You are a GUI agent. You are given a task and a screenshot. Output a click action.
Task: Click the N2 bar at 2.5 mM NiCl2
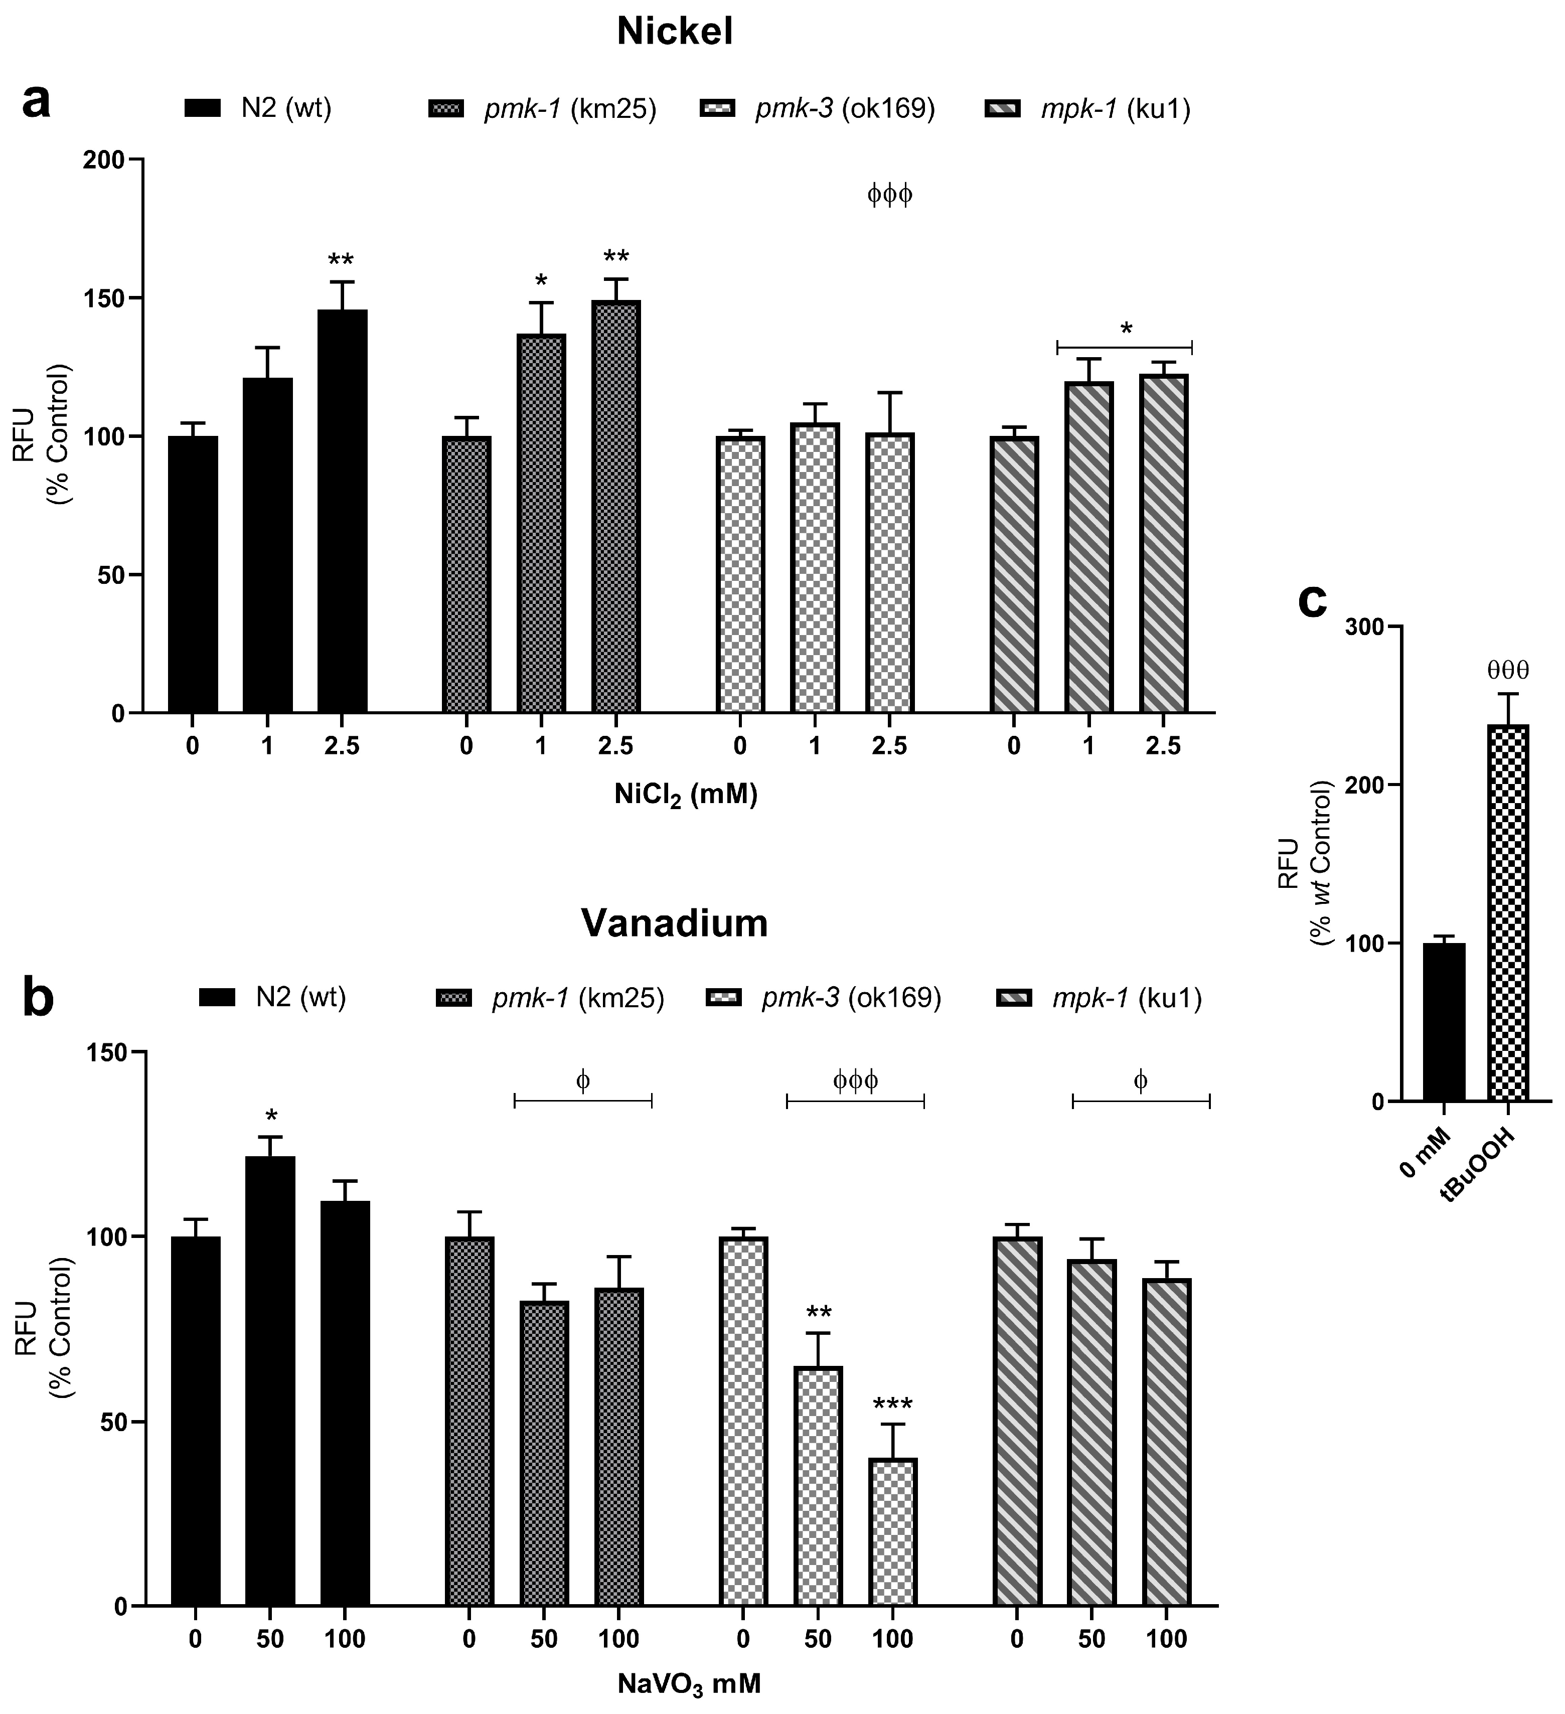click(x=343, y=510)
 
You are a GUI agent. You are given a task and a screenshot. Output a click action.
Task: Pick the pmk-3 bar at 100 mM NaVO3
click(x=892, y=1532)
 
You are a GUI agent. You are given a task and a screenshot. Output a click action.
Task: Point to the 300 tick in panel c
click(x=1363, y=627)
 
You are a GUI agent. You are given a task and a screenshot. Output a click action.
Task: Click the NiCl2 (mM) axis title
click(x=686, y=796)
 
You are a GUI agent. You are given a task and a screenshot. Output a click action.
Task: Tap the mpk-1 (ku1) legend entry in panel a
click(x=1087, y=109)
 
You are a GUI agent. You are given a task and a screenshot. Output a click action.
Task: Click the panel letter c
click(x=1313, y=599)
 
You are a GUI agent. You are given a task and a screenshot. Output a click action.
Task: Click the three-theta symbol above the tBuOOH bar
click(x=1507, y=671)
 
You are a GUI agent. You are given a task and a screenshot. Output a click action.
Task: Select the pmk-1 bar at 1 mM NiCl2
click(x=541, y=523)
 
